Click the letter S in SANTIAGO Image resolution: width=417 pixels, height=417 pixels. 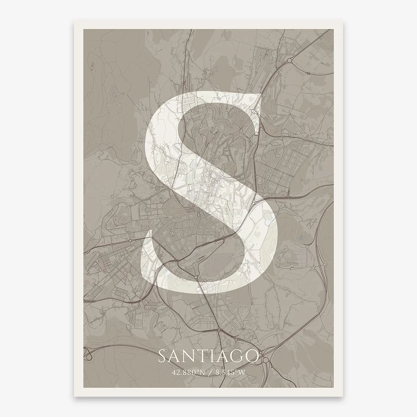point(162,357)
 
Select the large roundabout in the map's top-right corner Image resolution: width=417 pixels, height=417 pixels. point(289,60)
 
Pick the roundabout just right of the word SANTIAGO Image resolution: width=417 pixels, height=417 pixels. point(266,360)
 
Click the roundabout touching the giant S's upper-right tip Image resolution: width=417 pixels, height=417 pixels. point(253,111)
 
